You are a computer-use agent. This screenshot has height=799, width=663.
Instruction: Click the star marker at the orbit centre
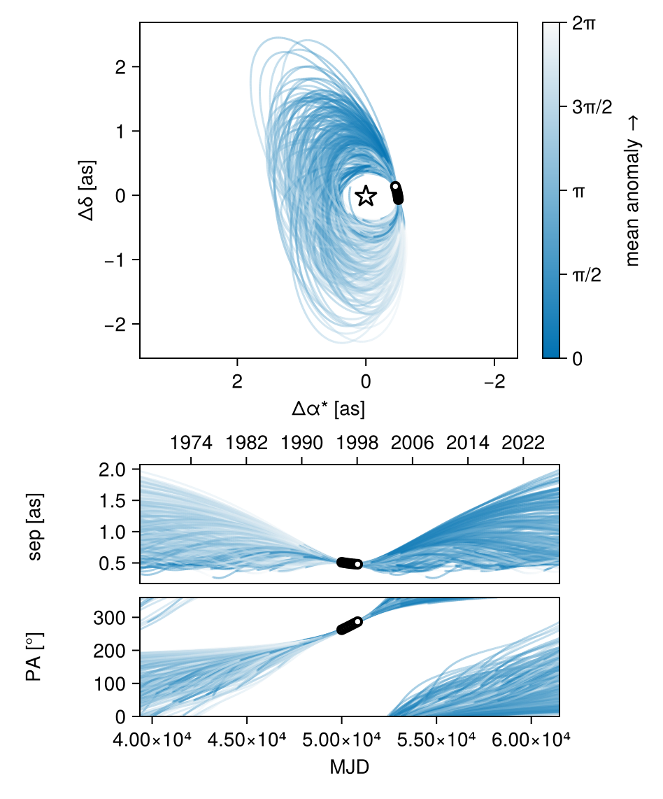pos(365,197)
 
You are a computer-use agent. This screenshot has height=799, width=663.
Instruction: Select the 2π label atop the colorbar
pos(585,23)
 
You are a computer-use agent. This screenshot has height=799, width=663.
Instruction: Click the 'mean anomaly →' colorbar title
pos(633,190)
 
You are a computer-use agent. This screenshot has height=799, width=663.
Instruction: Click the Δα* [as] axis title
pos(329,409)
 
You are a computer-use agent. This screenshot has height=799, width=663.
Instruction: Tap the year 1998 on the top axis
pos(357,444)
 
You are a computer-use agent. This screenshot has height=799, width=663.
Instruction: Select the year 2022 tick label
pos(524,444)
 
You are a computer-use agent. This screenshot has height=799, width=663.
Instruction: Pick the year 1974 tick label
pos(191,444)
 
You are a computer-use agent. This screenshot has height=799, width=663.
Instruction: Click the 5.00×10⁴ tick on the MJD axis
pos(341,740)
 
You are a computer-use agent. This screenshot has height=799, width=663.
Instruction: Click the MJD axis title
pos(349,768)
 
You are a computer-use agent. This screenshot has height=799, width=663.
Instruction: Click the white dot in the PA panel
pos(358,621)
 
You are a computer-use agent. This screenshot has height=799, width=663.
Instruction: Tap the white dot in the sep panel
pos(357,564)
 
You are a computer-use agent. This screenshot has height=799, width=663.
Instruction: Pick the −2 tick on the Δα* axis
pos(494,383)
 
